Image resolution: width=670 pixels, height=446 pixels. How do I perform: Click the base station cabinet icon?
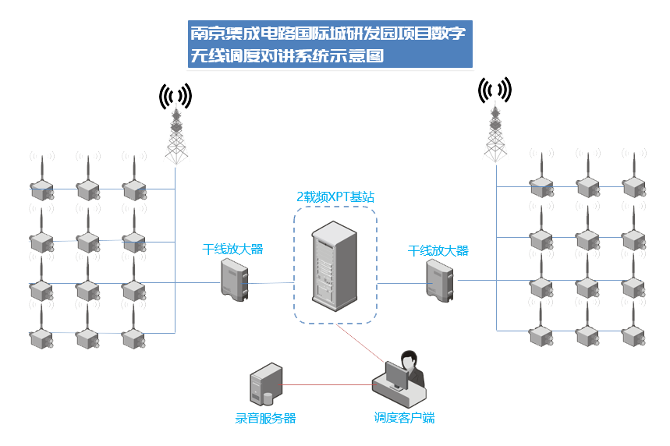point(332,264)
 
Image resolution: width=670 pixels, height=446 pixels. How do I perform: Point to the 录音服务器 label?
point(265,419)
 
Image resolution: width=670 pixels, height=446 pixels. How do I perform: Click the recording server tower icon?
point(265,384)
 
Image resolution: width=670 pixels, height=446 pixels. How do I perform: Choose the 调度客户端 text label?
point(404,418)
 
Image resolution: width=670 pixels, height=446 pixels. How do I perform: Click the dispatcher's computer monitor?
point(395,377)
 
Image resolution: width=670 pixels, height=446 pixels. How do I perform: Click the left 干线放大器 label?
point(232,250)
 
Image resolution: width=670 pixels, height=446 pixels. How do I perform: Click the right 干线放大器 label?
point(438,251)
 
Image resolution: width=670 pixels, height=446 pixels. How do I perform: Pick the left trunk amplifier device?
point(234,279)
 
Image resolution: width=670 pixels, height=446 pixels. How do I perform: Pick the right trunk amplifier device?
point(440,279)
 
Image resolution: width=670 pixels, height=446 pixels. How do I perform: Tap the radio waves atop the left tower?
point(175,96)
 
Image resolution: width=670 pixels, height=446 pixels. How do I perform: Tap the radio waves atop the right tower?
point(495,90)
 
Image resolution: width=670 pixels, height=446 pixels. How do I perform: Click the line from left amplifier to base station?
point(271,283)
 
